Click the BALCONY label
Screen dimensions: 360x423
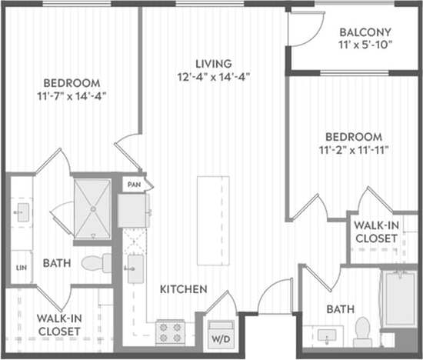coord(365,32)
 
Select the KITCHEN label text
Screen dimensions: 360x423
coord(183,289)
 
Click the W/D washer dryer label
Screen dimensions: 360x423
coord(219,338)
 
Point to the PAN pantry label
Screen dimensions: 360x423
coord(133,185)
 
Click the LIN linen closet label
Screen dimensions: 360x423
coord(21,268)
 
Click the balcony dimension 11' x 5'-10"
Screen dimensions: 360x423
coord(365,45)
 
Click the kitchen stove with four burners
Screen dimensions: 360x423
coord(170,332)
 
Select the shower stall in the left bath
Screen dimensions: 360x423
coord(92,207)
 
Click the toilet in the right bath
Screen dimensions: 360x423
coord(363,332)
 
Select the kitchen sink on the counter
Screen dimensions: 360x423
coord(135,268)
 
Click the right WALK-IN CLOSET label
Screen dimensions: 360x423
coord(375,232)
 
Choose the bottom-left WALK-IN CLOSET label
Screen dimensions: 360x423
coord(59,325)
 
